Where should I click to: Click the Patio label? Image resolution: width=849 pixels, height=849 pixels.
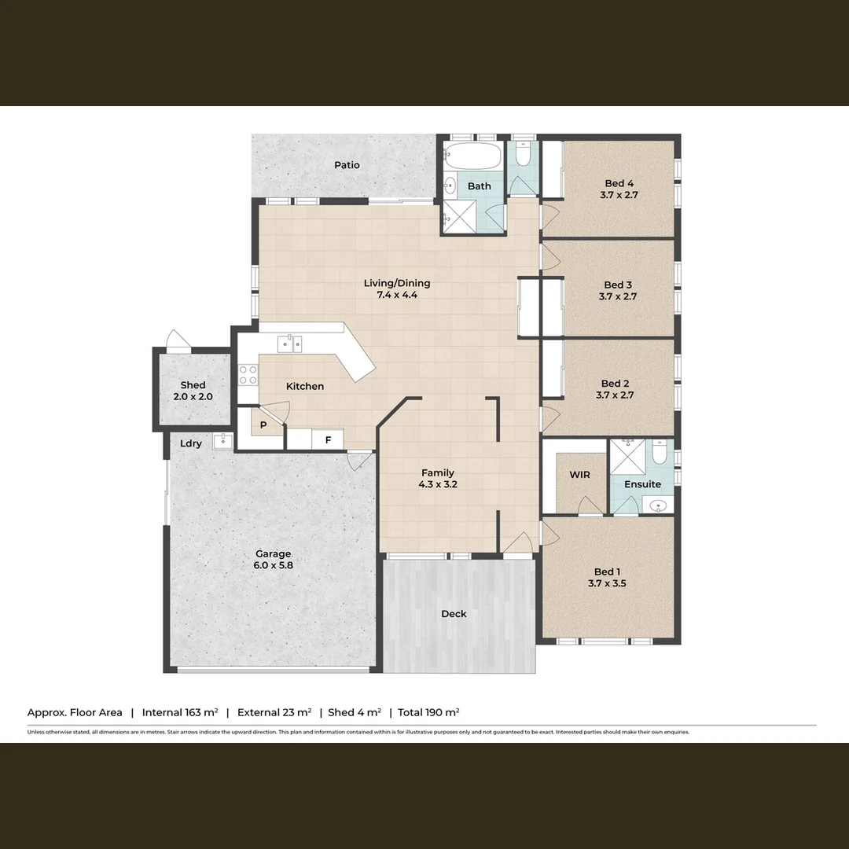[x=347, y=165]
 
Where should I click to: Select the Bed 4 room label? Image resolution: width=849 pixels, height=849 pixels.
[x=619, y=184]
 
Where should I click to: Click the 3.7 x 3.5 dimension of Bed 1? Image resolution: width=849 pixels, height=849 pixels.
[x=607, y=584]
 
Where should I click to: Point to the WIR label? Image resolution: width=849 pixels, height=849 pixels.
[x=579, y=475]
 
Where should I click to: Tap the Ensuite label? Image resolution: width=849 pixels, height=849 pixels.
[x=642, y=484]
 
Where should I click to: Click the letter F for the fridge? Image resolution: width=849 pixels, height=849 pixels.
[x=328, y=440]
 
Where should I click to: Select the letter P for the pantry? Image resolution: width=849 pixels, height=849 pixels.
[x=263, y=425]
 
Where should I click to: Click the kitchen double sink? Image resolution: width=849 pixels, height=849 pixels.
[x=289, y=344]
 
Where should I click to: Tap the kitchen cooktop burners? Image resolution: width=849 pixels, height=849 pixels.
[x=248, y=374]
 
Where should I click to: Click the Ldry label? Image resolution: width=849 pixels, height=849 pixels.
[x=191, y=443]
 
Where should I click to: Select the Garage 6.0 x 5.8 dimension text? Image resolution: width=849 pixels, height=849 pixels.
[x=273, y=565]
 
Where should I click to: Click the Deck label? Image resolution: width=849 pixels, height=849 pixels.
[x=454, y=614]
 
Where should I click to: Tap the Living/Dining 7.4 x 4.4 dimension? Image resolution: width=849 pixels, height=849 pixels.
[x=397, y=295]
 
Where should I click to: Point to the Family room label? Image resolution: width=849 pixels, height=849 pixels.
[x=438, y=472]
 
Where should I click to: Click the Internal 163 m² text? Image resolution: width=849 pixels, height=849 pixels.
[x=180, y=712]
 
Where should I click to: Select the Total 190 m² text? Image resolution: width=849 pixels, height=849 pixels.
[x=428, y=712]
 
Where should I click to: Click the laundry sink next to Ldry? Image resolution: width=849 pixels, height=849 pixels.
[x=223, y=439]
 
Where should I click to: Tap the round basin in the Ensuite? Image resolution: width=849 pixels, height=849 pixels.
[x=659, y=505]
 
